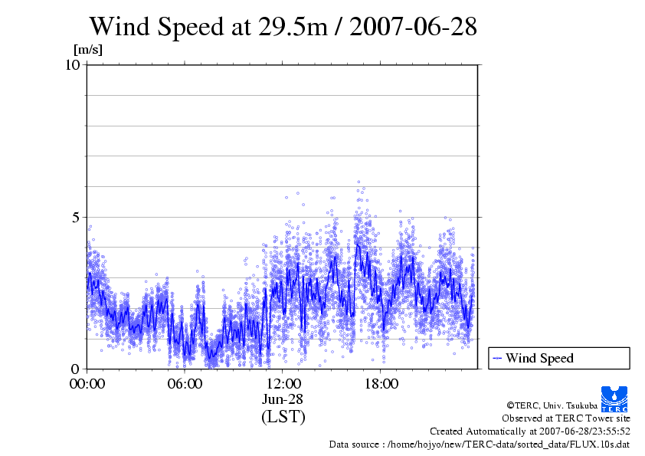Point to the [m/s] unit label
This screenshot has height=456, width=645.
coord(87,51)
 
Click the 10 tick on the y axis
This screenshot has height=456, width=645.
coord(73,64)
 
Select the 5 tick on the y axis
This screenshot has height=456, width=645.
coord(77,217)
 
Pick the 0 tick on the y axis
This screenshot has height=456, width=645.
coord(77,369)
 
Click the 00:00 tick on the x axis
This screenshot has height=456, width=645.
coord(87,384)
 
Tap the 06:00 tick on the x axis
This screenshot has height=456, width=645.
coord(185,384)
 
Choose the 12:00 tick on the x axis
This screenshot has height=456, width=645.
coord(283,384)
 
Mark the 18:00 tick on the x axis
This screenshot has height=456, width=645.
coord(381,384)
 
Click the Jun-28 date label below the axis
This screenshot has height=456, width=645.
coord(283,399)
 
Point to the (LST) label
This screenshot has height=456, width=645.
coord(283,417)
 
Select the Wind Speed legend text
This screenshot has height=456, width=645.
coord(539,358)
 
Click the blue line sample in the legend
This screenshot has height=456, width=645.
coord(497,358)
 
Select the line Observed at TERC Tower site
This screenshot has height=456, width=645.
coord(565,418)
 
